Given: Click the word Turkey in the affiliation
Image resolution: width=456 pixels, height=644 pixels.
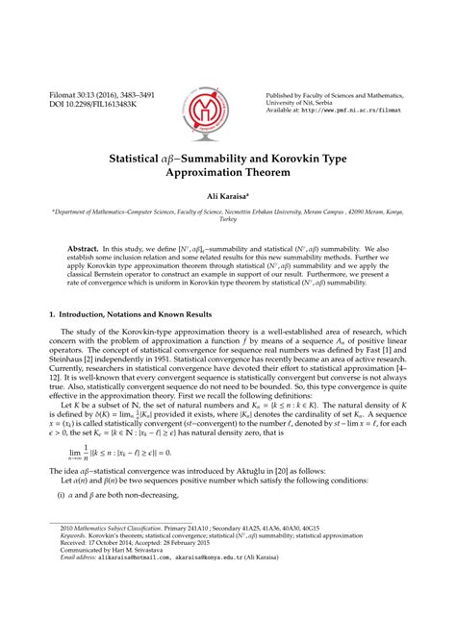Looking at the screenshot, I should (x=228, y=219).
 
